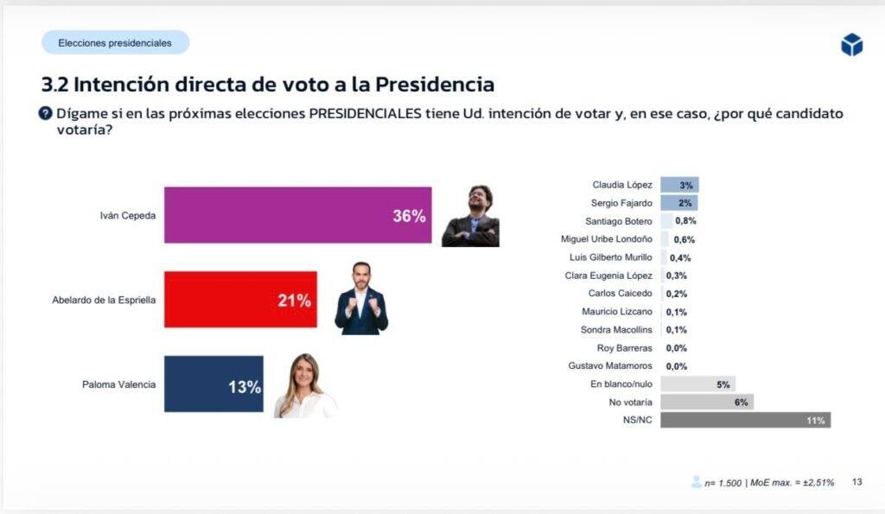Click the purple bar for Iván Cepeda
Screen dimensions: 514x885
tap(294, 215)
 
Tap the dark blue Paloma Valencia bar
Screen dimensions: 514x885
tap(212, 384)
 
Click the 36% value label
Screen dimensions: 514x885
tap(409, 216)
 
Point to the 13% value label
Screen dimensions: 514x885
tap(244, 387)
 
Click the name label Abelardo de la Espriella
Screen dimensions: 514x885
tap(103, 301)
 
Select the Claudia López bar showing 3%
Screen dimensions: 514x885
tap(679, 185)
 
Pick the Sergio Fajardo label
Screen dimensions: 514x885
tap(622, 203)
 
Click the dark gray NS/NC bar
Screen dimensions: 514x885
tap(745, 421)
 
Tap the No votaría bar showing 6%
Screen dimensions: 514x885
tap(707, 403)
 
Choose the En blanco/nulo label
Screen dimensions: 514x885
tap(621, 384)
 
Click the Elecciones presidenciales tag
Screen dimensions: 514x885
tap(115, 42)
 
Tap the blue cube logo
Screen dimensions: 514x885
tap(851, 45)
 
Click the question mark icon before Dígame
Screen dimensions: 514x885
tap(47, 114)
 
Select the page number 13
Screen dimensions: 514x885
tap(857, 481)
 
